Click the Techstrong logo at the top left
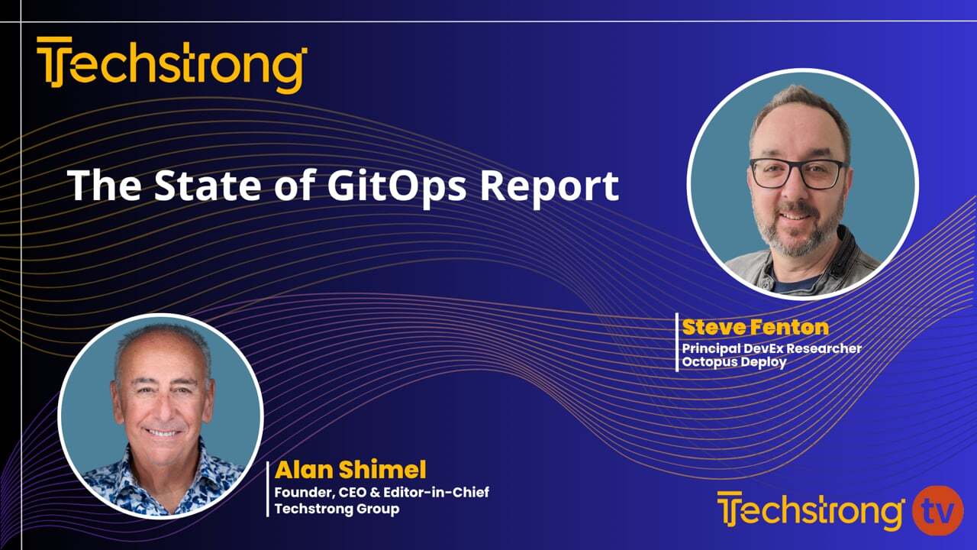pos(172,65)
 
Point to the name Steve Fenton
pos(755,328)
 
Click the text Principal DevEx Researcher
pos(772,348)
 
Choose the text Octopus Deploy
pos(734,362)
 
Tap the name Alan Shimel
pos(350,470)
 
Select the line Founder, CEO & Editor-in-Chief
pos(382,493)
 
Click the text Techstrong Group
pos(337,509)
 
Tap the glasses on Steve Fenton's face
pos(798,173)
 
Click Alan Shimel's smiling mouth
pos(163,432)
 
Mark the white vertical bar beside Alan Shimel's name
pos(268,490)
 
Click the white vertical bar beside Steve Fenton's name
pos(677,342)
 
